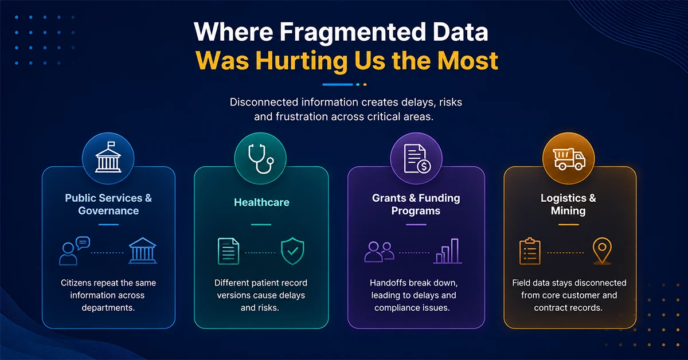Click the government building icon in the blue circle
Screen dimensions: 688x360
pos(108,157)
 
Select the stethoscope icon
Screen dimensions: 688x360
pos(261,158)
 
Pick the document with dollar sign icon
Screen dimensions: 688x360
pos(417,159)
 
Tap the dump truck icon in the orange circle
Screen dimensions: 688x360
pos(569,159)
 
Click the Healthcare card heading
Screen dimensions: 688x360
pos(261,202)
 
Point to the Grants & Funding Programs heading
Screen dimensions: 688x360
pos(416,204)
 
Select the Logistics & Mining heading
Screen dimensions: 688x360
pos(568,204)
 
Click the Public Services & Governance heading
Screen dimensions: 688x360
pos(108,204)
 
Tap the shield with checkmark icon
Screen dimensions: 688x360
pos(292,251)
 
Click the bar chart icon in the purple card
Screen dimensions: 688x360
pos(448,251)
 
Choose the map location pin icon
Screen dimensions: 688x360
pos(602,251)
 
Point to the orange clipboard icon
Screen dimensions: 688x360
pos(530,251)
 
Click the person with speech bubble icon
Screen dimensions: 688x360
pos(75,251)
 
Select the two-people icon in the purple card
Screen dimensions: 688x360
pos(379,252)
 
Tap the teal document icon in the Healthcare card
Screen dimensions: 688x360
pos(229,251)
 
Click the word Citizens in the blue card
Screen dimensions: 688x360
pos(76,283)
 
